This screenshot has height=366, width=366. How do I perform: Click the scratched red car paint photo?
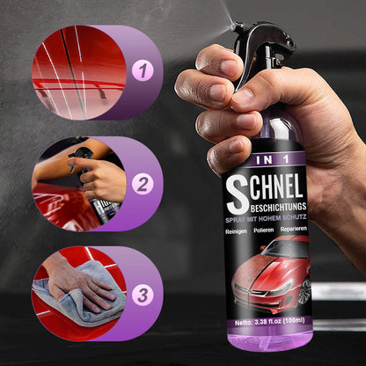tap(78, 71)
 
